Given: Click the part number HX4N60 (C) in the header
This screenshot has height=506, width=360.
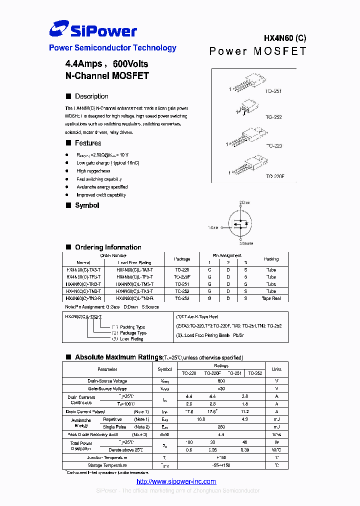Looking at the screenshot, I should tap(285, 38).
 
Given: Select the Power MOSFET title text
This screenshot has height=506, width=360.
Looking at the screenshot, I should tap(257, 51).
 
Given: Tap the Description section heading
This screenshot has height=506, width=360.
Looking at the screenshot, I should tap(91, 96).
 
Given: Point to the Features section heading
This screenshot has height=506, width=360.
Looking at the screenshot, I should tap(88, 143).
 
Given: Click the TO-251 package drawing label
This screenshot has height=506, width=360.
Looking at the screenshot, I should tap(273, 91).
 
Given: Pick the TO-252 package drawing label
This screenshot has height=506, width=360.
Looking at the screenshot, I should tap(273, 117).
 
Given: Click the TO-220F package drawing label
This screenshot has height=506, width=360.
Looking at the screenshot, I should tap(275, 176).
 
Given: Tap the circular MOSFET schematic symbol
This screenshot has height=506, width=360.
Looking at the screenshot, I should tap(240, 224).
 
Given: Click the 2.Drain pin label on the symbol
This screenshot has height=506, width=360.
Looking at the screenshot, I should tap(244, 202).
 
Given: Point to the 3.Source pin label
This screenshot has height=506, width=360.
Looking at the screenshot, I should tap(245, 243).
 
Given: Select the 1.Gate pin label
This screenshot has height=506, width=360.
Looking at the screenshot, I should tap(213, 227).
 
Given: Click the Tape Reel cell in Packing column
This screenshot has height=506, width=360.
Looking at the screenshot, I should tap(271, 298).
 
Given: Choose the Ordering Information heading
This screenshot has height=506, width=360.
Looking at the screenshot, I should tap(108, 247).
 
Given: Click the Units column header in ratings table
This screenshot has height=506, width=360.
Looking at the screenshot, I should tap(276, 369).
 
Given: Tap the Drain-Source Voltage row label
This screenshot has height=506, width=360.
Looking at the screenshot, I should tap(107, 381).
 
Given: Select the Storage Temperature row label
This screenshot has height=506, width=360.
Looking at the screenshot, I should tap(107, 465).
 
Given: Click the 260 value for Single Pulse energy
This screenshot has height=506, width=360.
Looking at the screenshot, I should tap(221, 427).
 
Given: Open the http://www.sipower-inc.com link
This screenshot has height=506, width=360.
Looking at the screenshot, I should tap(176, 481).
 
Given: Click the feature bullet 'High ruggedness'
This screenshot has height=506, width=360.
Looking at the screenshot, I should tap(93, 171).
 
